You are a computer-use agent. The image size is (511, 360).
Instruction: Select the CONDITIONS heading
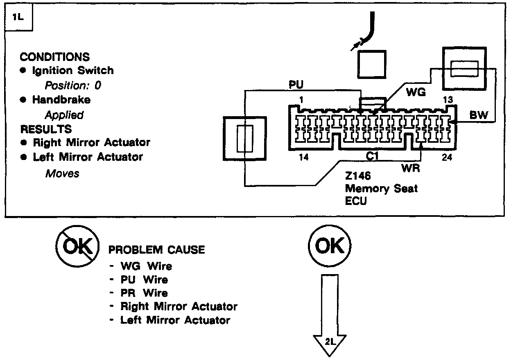(x=54, y=57)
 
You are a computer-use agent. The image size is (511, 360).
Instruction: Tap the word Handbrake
(x=61, y=99)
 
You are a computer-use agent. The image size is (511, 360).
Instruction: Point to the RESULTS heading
(x=46, y=129)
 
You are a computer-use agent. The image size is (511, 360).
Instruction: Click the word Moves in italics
(x=62, y=173)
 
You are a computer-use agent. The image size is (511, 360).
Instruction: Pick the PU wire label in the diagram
(x=297, y=85)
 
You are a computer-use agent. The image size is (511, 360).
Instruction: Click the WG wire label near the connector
(x=415, y=92)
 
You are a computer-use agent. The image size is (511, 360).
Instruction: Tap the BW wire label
(x=478, y=115)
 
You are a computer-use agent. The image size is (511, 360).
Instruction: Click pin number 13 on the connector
(x=448, y=100)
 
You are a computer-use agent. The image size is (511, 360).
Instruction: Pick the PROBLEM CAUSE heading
(x=156, y=250)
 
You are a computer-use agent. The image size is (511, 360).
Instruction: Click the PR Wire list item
(x=144, y=293)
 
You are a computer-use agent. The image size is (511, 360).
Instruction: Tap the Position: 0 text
(x=72, y=85)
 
